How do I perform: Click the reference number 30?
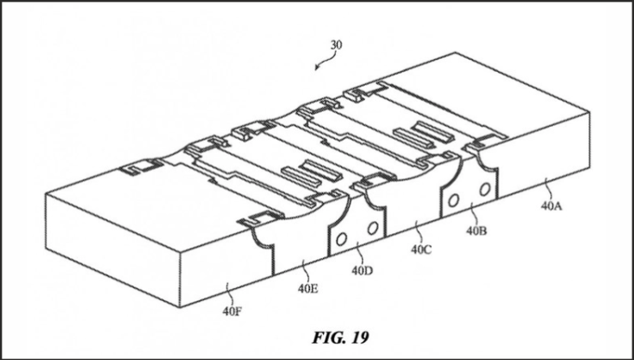click(337, 45)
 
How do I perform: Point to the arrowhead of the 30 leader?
click(318, 68)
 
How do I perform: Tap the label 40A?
click(552, 207)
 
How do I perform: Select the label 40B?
click(476, 231)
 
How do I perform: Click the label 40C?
click(422, 249)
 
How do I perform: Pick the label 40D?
click(362, 271)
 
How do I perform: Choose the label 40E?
click(308, 289)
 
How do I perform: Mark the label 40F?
click(232, 312)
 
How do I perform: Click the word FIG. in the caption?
click(327, 338)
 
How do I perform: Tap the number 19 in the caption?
click(360, 338)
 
